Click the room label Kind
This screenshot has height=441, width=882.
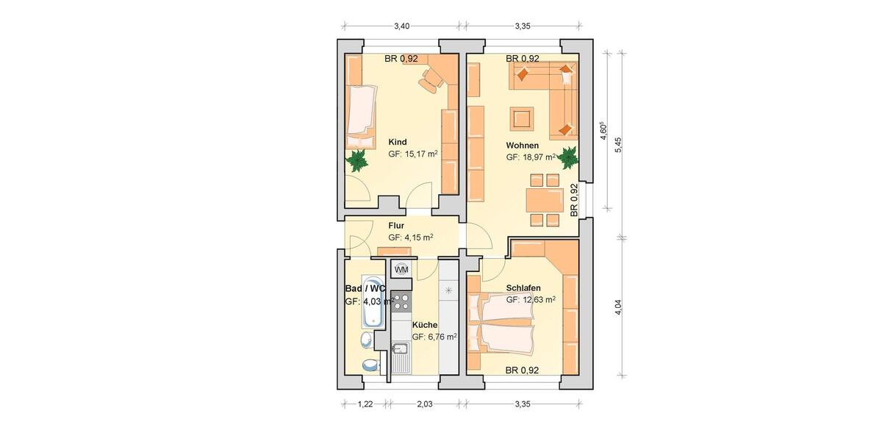point(398,142)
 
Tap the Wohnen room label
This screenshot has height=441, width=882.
point(523,146)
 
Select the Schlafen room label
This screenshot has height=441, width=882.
point(523,287)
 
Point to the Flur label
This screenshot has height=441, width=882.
point(397,226)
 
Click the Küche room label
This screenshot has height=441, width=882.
point(425,325)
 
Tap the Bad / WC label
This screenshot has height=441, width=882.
point(365,289)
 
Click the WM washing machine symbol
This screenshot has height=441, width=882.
point(401,270)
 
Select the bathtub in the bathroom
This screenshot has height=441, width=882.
point(372,303)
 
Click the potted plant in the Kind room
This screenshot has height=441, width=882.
point(358,159)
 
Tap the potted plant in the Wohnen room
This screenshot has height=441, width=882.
point(568,157)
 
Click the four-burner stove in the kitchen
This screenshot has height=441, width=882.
point(401,301)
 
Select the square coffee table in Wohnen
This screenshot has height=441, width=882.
point(523,118)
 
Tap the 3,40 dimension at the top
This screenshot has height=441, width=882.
point(401,26)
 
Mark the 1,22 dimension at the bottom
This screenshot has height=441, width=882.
point(365,404)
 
